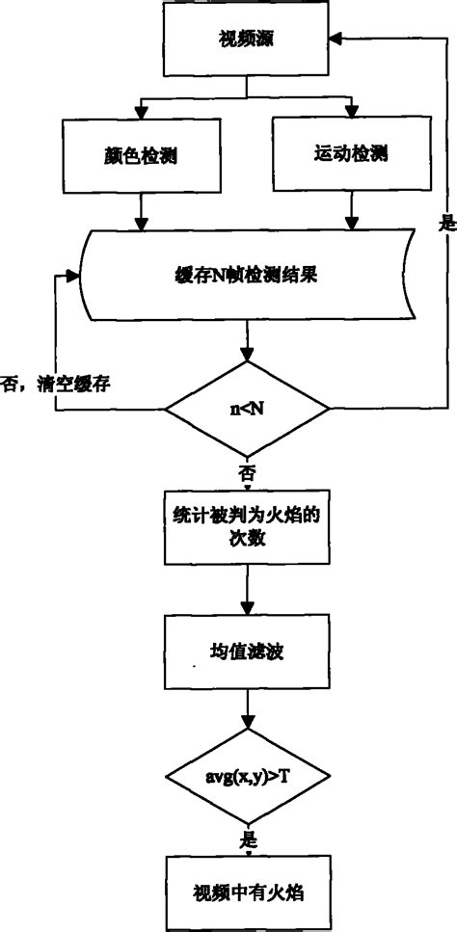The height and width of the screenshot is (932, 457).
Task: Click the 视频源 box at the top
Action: click(249, 40)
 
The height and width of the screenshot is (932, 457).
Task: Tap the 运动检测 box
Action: click(348, 154)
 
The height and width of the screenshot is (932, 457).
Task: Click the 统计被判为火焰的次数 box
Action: click(249, 528)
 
